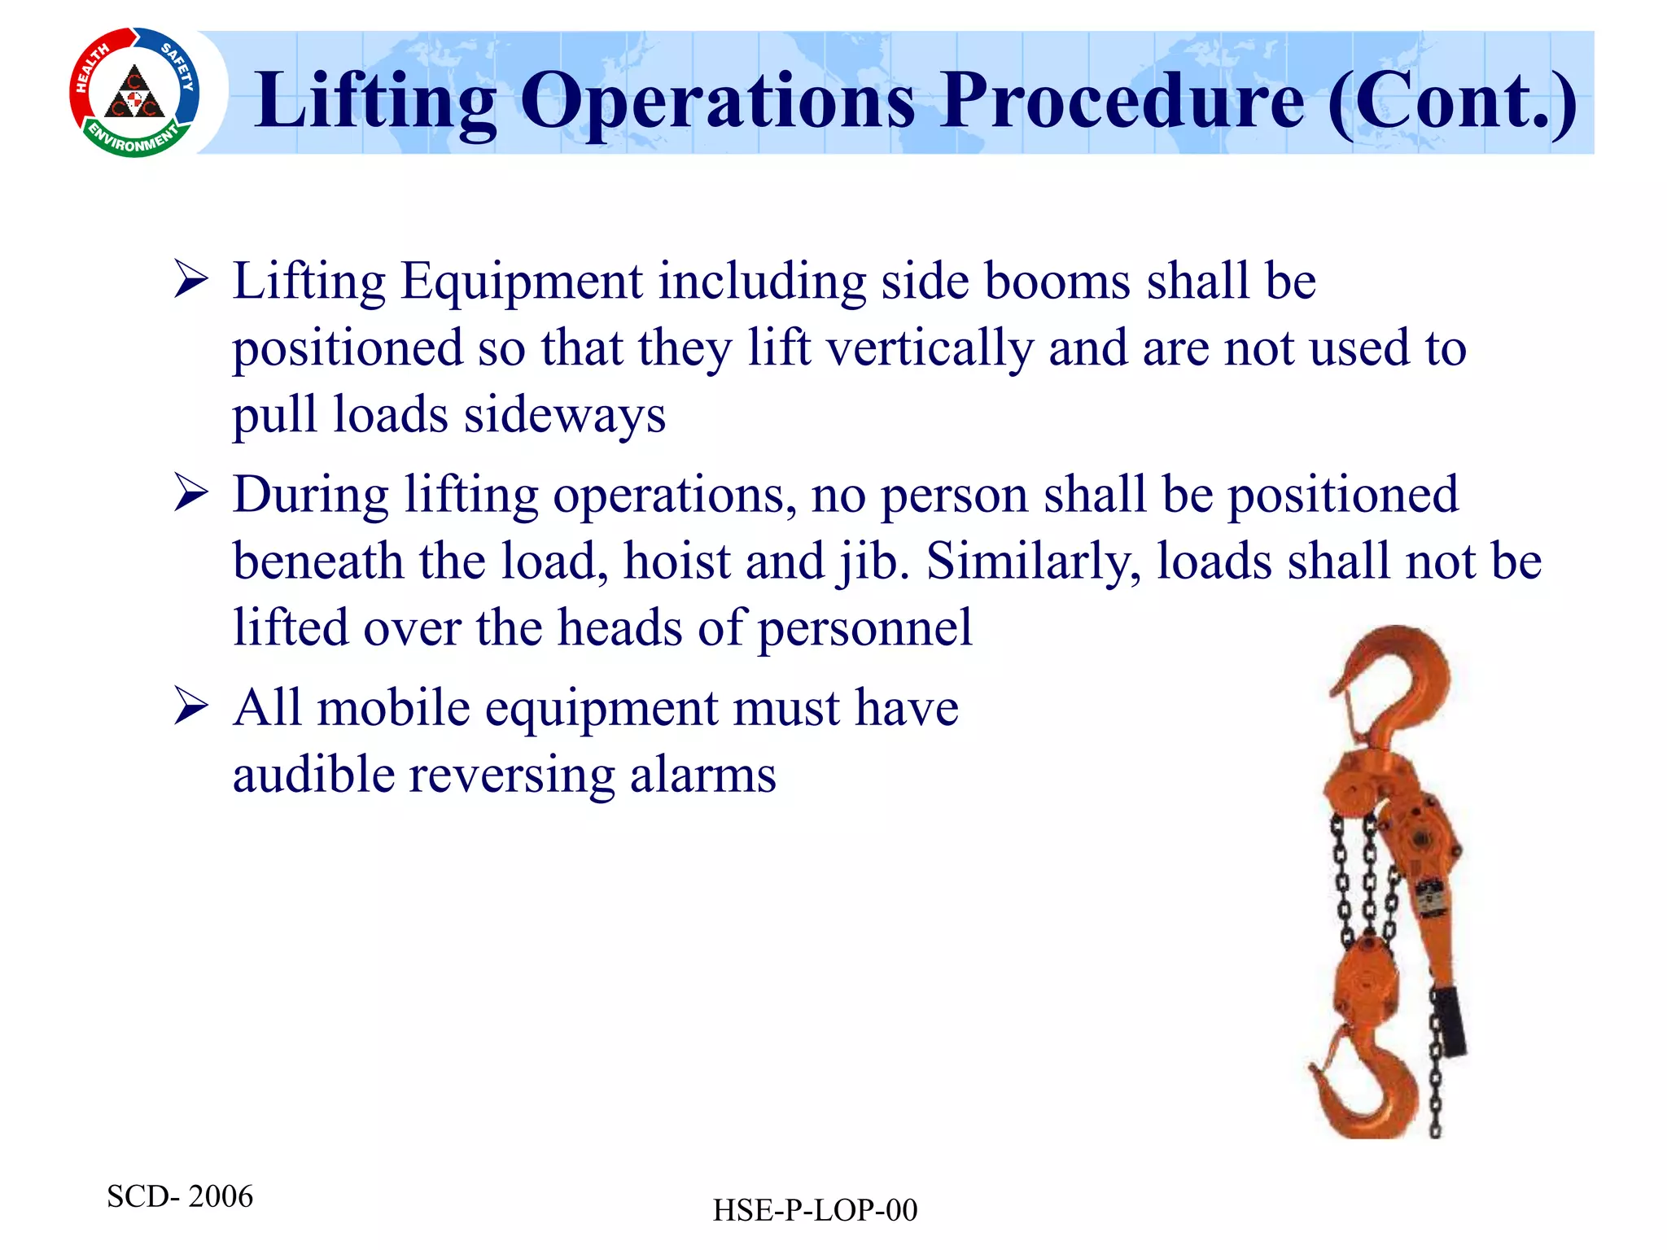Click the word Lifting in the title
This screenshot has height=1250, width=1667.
375,101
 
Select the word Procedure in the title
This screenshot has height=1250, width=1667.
1123,101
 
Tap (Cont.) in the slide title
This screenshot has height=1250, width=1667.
1452,101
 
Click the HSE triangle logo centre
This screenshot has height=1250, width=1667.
135,94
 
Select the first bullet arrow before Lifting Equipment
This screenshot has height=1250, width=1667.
191,281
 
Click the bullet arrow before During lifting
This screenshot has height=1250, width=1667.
191,494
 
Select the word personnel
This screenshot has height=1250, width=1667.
864,628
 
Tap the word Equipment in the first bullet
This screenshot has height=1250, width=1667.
522,282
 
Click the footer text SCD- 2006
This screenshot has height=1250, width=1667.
180,1196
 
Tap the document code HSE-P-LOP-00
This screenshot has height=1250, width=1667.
815,1211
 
